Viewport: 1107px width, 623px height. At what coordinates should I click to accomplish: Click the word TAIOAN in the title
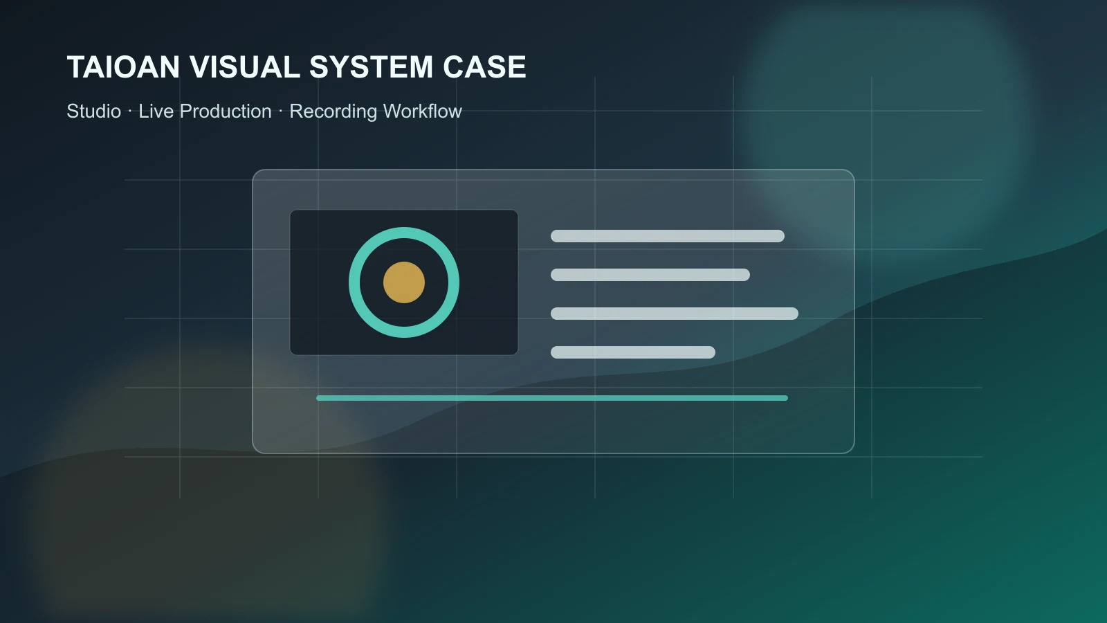[x=123, y=66]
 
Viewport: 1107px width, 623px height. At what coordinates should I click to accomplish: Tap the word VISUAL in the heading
[x=245, y=66]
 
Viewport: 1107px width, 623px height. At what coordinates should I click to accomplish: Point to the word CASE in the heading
[x=484, y=66]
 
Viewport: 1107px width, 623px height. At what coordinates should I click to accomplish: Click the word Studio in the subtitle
[x=94, y=111]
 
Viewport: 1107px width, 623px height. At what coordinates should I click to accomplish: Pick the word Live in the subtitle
[x=156, y=111]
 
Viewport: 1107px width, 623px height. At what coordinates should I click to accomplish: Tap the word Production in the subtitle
[x=226, y=111]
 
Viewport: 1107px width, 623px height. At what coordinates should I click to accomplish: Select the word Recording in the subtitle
[x=333, y=112]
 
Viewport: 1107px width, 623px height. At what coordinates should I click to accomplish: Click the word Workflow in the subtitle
[x=423, y=111]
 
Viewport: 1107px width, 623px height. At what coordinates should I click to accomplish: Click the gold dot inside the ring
[x=404, y=282]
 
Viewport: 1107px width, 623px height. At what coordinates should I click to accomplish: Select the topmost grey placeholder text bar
[x=668, y=236]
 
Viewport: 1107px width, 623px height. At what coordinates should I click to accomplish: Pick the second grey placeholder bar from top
[x=650, y=274]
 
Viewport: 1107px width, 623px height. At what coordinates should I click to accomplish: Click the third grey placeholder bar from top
[x=675, y=314]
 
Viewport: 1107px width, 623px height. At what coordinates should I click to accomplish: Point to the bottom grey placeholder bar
[x=633, y=352]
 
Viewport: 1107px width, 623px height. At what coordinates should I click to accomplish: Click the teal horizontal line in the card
[x=552, y=398]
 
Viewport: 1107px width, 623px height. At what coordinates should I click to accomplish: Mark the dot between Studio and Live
[x=130, y=111]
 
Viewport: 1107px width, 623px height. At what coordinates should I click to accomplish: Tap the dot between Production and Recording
[x=281, y=111]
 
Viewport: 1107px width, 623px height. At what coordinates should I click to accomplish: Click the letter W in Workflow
[x=392, y=111]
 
